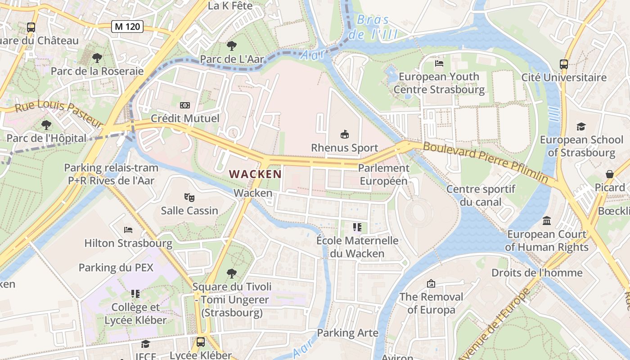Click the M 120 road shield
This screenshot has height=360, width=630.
point(127,27)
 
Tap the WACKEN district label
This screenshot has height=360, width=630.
point(255,174)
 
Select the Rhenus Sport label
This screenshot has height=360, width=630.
point(345,148)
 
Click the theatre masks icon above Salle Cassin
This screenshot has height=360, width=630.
point(189,197)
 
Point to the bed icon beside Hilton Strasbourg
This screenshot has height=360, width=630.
point(128,230)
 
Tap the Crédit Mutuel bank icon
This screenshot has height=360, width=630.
point(185,105)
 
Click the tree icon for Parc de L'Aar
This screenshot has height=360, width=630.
point(232,45)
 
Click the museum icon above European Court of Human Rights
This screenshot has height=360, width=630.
point(547,221)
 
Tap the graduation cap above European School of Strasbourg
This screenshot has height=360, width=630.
point(581,126)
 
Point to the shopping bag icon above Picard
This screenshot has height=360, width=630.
point(610,174)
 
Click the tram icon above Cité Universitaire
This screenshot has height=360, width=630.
point(564,64)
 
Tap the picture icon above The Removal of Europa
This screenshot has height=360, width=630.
point(431,283)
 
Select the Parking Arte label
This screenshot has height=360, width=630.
point(348,333)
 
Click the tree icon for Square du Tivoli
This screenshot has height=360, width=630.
point(232,273)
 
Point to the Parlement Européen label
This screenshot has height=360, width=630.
point(384,175)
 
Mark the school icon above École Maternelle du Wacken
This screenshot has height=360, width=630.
point(357,227)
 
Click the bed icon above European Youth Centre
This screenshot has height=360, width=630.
point(439,63)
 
